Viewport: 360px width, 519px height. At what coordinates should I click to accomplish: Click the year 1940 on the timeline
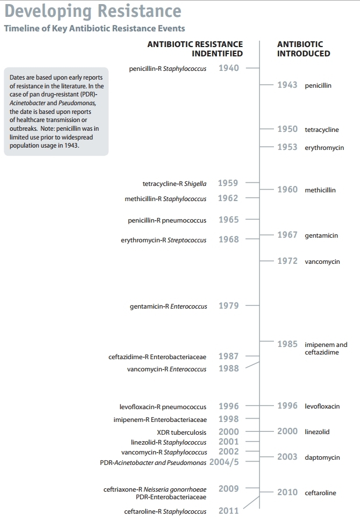229,68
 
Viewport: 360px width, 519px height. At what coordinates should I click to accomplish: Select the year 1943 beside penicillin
287,85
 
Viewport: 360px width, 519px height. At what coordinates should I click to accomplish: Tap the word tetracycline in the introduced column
322,130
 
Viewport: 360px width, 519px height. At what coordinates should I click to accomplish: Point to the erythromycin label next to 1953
324,148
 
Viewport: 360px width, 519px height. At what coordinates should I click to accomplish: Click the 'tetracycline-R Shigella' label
174,184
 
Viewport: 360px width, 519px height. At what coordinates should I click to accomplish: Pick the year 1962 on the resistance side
228,198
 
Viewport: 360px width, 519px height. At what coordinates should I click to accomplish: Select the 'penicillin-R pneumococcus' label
167,220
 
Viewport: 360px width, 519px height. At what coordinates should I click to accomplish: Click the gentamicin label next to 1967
321,235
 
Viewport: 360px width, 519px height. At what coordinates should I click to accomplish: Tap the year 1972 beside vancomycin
287,261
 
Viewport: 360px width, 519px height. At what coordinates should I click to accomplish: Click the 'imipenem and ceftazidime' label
326,348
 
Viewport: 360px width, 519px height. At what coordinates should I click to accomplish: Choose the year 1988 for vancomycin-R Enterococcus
228,368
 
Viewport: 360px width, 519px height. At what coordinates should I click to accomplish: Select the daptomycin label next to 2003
322,457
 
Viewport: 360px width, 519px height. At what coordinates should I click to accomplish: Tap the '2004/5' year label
228,462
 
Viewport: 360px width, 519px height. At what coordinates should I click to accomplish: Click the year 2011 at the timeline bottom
228,511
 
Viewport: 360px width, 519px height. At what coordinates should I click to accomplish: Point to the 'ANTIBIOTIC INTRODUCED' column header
304,49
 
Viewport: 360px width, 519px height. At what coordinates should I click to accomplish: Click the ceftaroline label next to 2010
320,493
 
